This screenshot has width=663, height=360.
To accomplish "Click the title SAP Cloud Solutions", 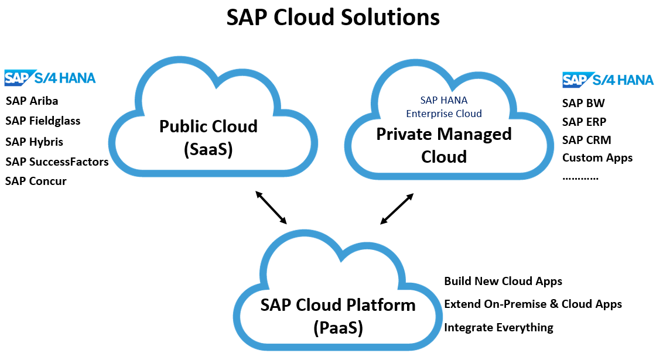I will pyautogui.click(x=333, y=18).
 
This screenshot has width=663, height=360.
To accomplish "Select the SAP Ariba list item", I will pyautogui.click(x=32, y=101).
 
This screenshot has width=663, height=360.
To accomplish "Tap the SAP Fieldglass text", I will pyautogui.click(x=43, y=121).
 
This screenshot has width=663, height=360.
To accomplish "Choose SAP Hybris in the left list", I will pyautogui.click(x=34, y=142).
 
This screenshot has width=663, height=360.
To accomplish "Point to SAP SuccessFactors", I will pyautogui.click(x=57, y=162).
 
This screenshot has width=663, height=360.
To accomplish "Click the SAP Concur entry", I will pyautogui.click(x=36, y=181).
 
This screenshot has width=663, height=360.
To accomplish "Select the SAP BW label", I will pyautogui.click(x=583, y=103).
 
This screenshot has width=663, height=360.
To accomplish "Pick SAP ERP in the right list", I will pyautogui.click(x=584, y=122).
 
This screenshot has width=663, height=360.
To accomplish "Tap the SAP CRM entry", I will pyautogui.click(x=586, y=140).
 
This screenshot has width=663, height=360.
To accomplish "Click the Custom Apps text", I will pyautogui.click(x=597, y=157).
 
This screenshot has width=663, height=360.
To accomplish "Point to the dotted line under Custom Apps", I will pyautogui.click(x=580, y=177).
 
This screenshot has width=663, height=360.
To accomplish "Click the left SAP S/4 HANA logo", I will pyautogui.click(x=50, y=78).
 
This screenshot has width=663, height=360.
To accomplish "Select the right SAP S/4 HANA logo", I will pyautogui.click(x=608, y=80).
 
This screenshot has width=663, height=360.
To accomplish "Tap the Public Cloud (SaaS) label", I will pyautogui.click(x=209, y=138).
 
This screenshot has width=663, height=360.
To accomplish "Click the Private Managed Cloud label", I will pyautogui.click(x=443, y=145).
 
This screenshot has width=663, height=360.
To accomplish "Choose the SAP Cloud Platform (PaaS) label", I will pyautogui.click(x=338, y=316).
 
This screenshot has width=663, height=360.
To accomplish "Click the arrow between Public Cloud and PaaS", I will pyautogui.click(x=271, y=207).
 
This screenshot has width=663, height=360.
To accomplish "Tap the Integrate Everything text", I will pyautogui.click(x=498, y=327).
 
